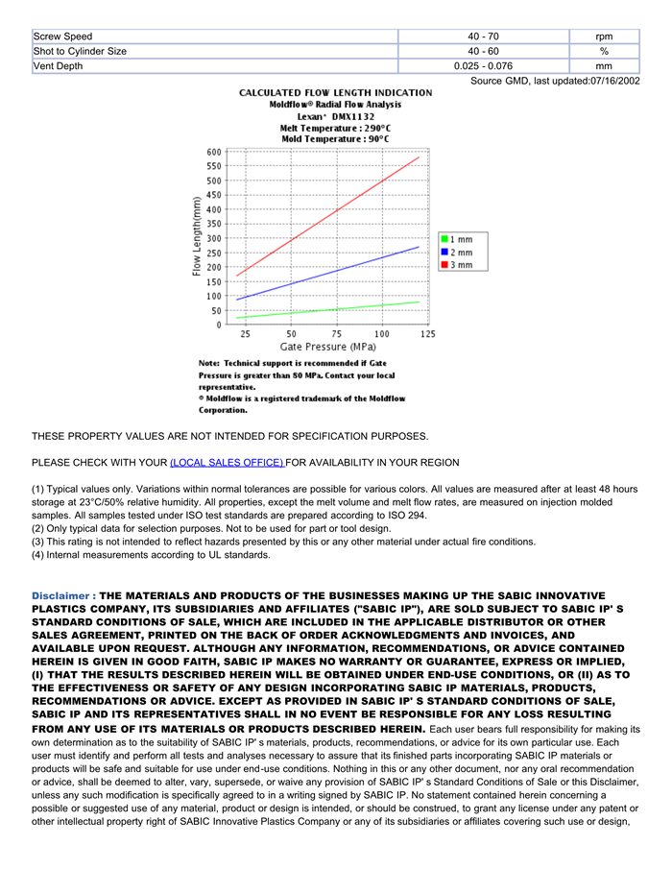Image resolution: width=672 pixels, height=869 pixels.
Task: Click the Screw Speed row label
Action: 63,36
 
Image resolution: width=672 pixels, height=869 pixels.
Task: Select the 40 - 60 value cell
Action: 483,51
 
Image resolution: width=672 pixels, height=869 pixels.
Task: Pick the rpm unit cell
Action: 604,36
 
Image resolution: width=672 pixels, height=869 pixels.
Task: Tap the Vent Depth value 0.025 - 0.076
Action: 483,66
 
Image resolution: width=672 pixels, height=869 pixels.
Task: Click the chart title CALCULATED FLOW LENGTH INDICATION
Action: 335,93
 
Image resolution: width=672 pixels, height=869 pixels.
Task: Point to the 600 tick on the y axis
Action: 213,152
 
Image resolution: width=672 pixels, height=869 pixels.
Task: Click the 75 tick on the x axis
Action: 336,334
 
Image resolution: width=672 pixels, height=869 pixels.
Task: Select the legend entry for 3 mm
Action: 457,265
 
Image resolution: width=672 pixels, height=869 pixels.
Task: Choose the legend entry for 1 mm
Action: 457,239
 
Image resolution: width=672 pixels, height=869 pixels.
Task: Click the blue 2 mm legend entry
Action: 457,253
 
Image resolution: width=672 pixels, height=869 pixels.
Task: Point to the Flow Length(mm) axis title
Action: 197,237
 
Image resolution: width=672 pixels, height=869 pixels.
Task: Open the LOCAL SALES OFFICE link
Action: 227,463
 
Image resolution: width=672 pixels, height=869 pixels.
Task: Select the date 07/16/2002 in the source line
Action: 615,82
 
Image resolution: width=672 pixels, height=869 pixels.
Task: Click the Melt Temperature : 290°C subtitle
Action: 335,128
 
